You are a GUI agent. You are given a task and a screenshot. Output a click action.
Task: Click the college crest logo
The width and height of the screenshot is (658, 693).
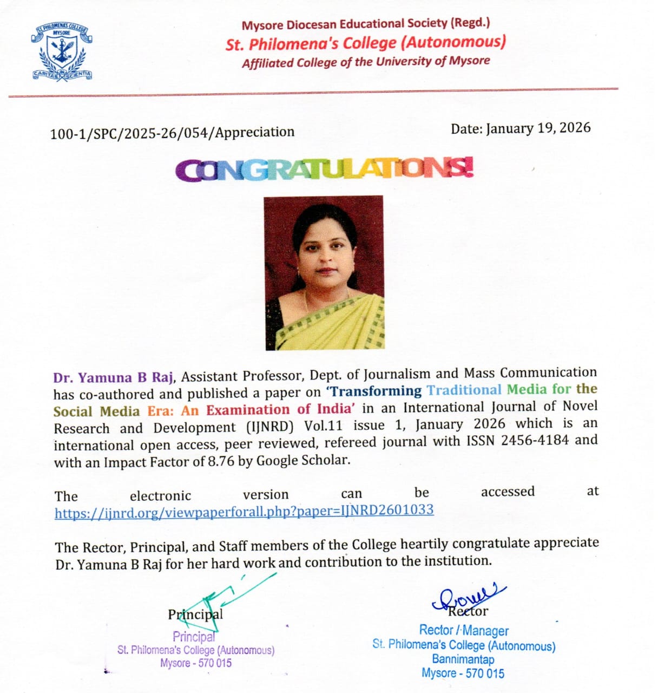coord(62,52)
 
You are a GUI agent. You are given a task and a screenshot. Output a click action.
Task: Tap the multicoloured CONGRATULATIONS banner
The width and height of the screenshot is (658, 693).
coord(325,170)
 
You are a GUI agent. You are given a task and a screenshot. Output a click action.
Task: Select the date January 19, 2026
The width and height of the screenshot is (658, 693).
coord(538,128)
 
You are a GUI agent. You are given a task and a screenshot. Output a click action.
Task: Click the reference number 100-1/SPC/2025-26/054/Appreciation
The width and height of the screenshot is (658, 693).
coord(172,133)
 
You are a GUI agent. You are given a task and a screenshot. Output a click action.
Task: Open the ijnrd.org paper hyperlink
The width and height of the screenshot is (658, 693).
coord(244,511)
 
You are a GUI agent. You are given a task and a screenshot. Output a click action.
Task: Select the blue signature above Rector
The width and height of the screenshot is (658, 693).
coord(469,594)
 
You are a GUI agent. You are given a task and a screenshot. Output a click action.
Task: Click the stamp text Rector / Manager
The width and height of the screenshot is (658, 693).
coord(464,631)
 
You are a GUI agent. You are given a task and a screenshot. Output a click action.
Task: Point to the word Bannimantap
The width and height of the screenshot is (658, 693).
coord(463,659)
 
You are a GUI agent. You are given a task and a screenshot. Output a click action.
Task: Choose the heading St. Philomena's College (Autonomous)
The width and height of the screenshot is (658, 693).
coord(366,43)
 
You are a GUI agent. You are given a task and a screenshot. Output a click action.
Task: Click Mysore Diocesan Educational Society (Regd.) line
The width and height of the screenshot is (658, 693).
coord(366,24)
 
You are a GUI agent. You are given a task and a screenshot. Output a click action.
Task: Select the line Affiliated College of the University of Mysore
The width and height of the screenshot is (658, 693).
coord(366,62)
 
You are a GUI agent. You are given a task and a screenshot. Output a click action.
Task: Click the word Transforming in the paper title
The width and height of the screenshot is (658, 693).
coord(376,391)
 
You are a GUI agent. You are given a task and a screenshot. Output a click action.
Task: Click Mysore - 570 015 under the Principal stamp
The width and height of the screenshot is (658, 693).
coord(196,663)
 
